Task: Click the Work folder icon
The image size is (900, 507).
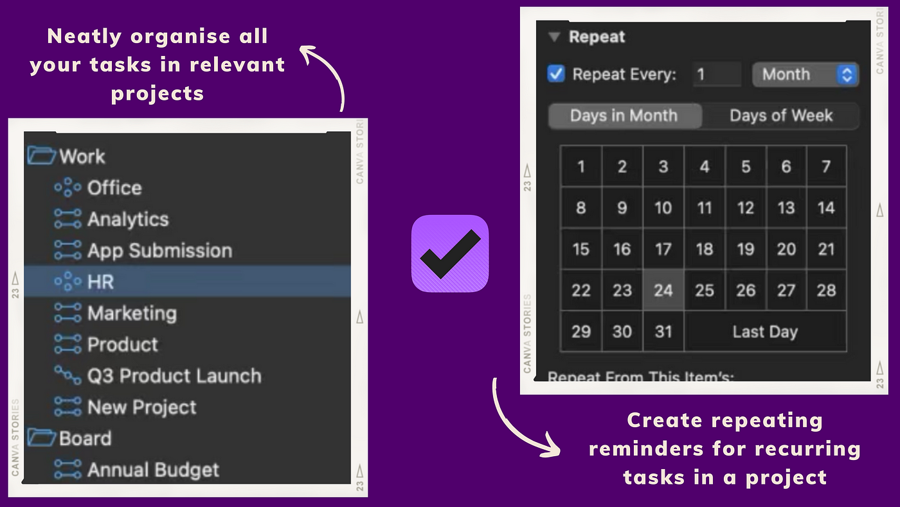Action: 41,156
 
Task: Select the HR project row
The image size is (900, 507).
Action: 187,281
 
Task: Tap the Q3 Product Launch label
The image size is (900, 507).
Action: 174,376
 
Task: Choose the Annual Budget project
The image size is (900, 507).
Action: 153,470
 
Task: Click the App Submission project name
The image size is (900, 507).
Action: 160,250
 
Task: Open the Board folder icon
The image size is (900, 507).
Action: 41,438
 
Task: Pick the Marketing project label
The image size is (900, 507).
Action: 132,313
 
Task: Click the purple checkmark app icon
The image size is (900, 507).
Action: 450,253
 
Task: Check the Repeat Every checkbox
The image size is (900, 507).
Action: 556,74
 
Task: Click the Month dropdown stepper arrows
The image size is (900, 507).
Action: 847,75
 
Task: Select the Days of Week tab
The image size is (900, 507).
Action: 780,116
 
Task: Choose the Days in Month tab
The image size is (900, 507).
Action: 625,116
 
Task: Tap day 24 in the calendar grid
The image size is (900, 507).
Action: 663,290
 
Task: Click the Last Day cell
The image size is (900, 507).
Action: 766,332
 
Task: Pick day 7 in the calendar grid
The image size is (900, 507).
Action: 826,167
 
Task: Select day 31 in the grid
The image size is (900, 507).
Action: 663,332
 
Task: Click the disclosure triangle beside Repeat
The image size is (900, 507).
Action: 554,37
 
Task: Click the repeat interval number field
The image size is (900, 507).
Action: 717,75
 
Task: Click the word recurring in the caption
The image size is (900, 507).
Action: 807,449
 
